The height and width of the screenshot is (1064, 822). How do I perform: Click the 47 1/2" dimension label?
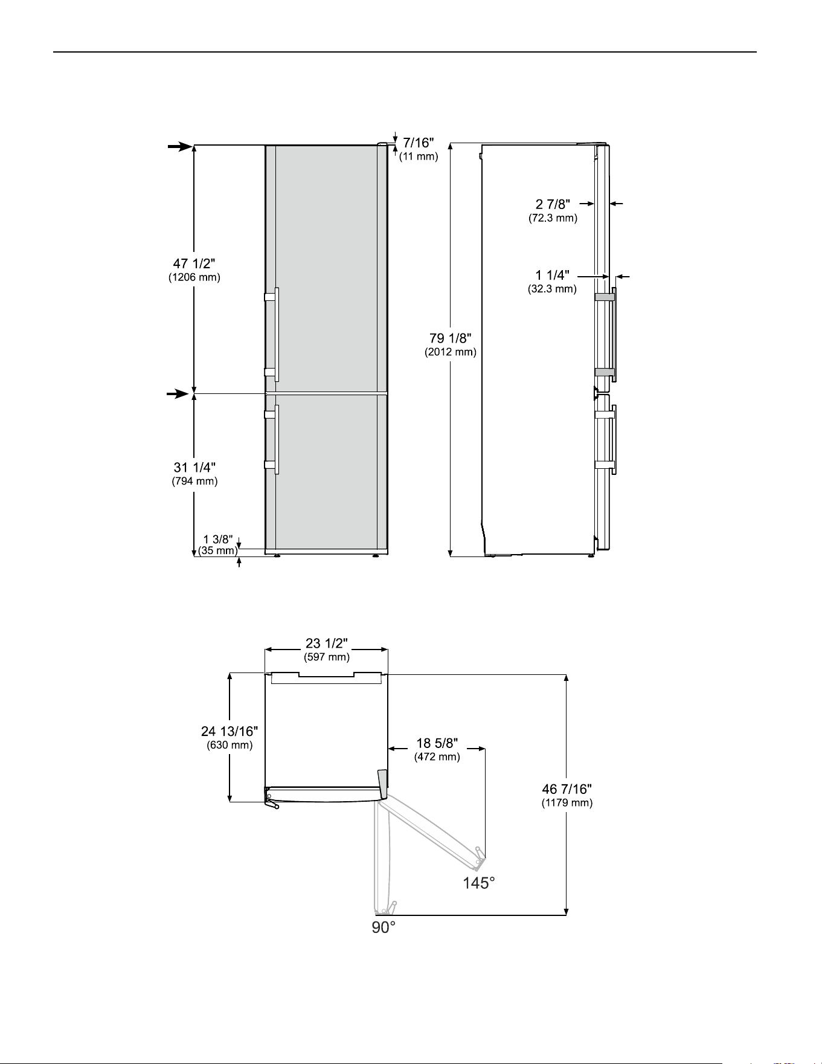coord(194,263)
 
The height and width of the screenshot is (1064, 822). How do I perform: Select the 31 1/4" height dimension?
coord(194,467)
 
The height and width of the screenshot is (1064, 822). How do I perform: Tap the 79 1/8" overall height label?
coord(451,338)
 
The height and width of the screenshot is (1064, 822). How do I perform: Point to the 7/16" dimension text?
coord(419,143)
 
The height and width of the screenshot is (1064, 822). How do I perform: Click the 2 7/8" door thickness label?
coord(553,205)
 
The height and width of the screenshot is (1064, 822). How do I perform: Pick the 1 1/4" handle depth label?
coord(552,276)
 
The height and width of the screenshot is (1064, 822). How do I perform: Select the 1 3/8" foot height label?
coord(218,539)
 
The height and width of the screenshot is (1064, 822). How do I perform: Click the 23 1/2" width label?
coord(326,643)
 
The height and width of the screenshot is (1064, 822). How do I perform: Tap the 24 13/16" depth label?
coord(230,732)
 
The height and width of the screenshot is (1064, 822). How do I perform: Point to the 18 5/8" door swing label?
coord(437,743)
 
